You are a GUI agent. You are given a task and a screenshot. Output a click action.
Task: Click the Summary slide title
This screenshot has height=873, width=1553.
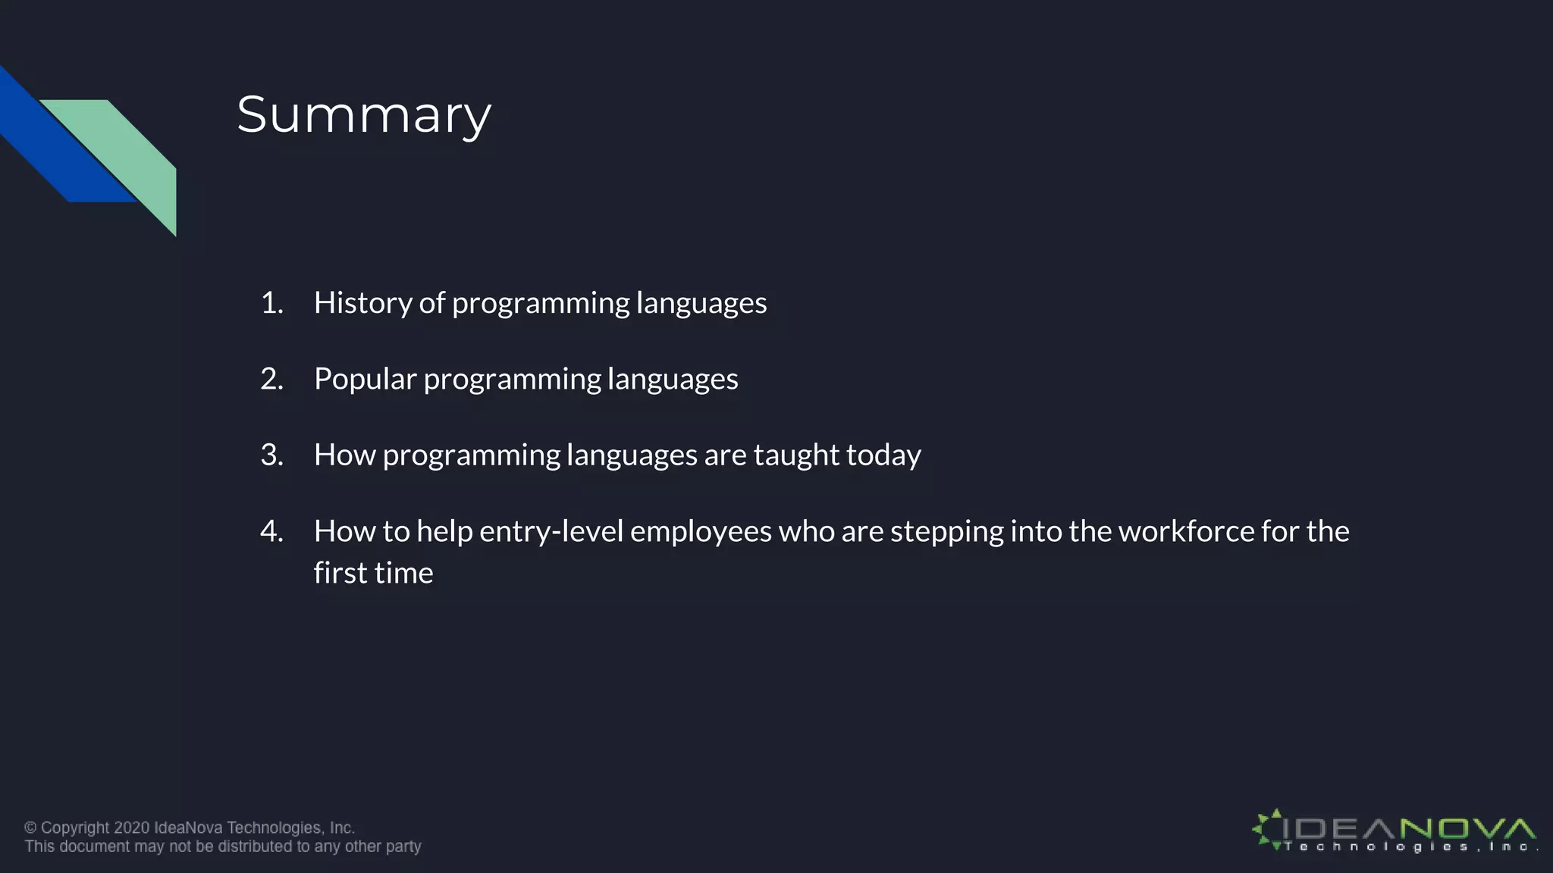point(364,115)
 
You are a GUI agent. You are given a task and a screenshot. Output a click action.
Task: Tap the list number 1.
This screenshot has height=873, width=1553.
point(271,303)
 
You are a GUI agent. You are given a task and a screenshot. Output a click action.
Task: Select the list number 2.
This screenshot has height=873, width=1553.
point(271,379)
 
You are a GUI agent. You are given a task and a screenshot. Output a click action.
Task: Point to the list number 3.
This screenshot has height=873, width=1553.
point(271,455)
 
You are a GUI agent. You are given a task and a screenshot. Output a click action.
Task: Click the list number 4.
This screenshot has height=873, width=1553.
point(271,531)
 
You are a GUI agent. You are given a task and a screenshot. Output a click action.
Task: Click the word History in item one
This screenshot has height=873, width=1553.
point(362,303)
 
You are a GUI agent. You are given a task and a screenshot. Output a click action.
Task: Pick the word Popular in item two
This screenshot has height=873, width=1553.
point(365,379)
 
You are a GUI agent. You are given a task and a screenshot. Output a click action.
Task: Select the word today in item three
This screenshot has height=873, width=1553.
point(883,455)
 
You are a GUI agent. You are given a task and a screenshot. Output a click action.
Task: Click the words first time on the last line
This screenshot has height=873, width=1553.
point(373,573)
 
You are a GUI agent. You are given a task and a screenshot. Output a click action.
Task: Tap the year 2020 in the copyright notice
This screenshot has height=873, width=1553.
point(132,828)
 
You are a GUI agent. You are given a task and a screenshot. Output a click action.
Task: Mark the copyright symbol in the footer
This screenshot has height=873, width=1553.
point(30,828)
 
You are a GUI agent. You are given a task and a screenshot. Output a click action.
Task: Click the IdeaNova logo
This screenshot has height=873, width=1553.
point(1394,831)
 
